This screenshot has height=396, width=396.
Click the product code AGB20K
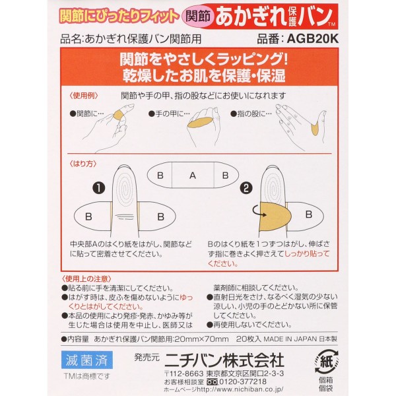[312, 39]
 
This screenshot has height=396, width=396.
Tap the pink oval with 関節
[198, 16]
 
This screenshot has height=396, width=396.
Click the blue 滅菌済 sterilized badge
[87, 360]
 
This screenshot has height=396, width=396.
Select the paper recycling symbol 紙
[327, 362]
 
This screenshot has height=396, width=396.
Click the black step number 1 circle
[99, 187]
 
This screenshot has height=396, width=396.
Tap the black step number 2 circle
[246, 187]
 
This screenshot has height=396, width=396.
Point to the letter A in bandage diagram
[193, 176]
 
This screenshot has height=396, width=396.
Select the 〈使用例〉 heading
[84, 96]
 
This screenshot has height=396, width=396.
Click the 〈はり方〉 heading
[83, 164]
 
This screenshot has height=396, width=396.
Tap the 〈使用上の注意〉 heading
[86, 279]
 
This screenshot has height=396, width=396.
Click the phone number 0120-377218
[243, 381]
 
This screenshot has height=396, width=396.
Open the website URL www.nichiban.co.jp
[240, 389]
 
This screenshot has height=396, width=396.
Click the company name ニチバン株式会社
[224, 360]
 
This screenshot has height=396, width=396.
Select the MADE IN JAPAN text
[290, 339]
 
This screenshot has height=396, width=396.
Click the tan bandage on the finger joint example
[118, 115]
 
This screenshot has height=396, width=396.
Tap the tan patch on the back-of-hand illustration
[200, 123]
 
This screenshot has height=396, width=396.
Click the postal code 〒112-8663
[183, 374]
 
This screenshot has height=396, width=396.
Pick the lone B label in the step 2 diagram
[309, 214]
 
